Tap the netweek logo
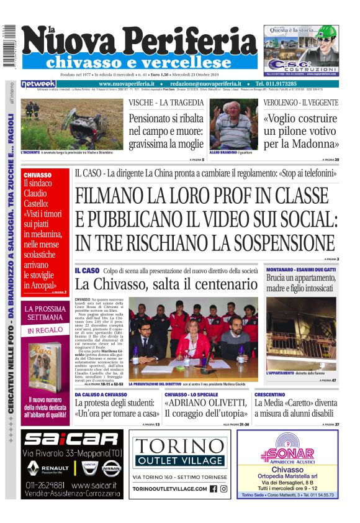(x=38, y=84)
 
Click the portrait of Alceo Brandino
(x=233, y=124)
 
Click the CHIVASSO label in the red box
(x=37, y=175)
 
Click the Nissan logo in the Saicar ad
(x=112, y=467)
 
